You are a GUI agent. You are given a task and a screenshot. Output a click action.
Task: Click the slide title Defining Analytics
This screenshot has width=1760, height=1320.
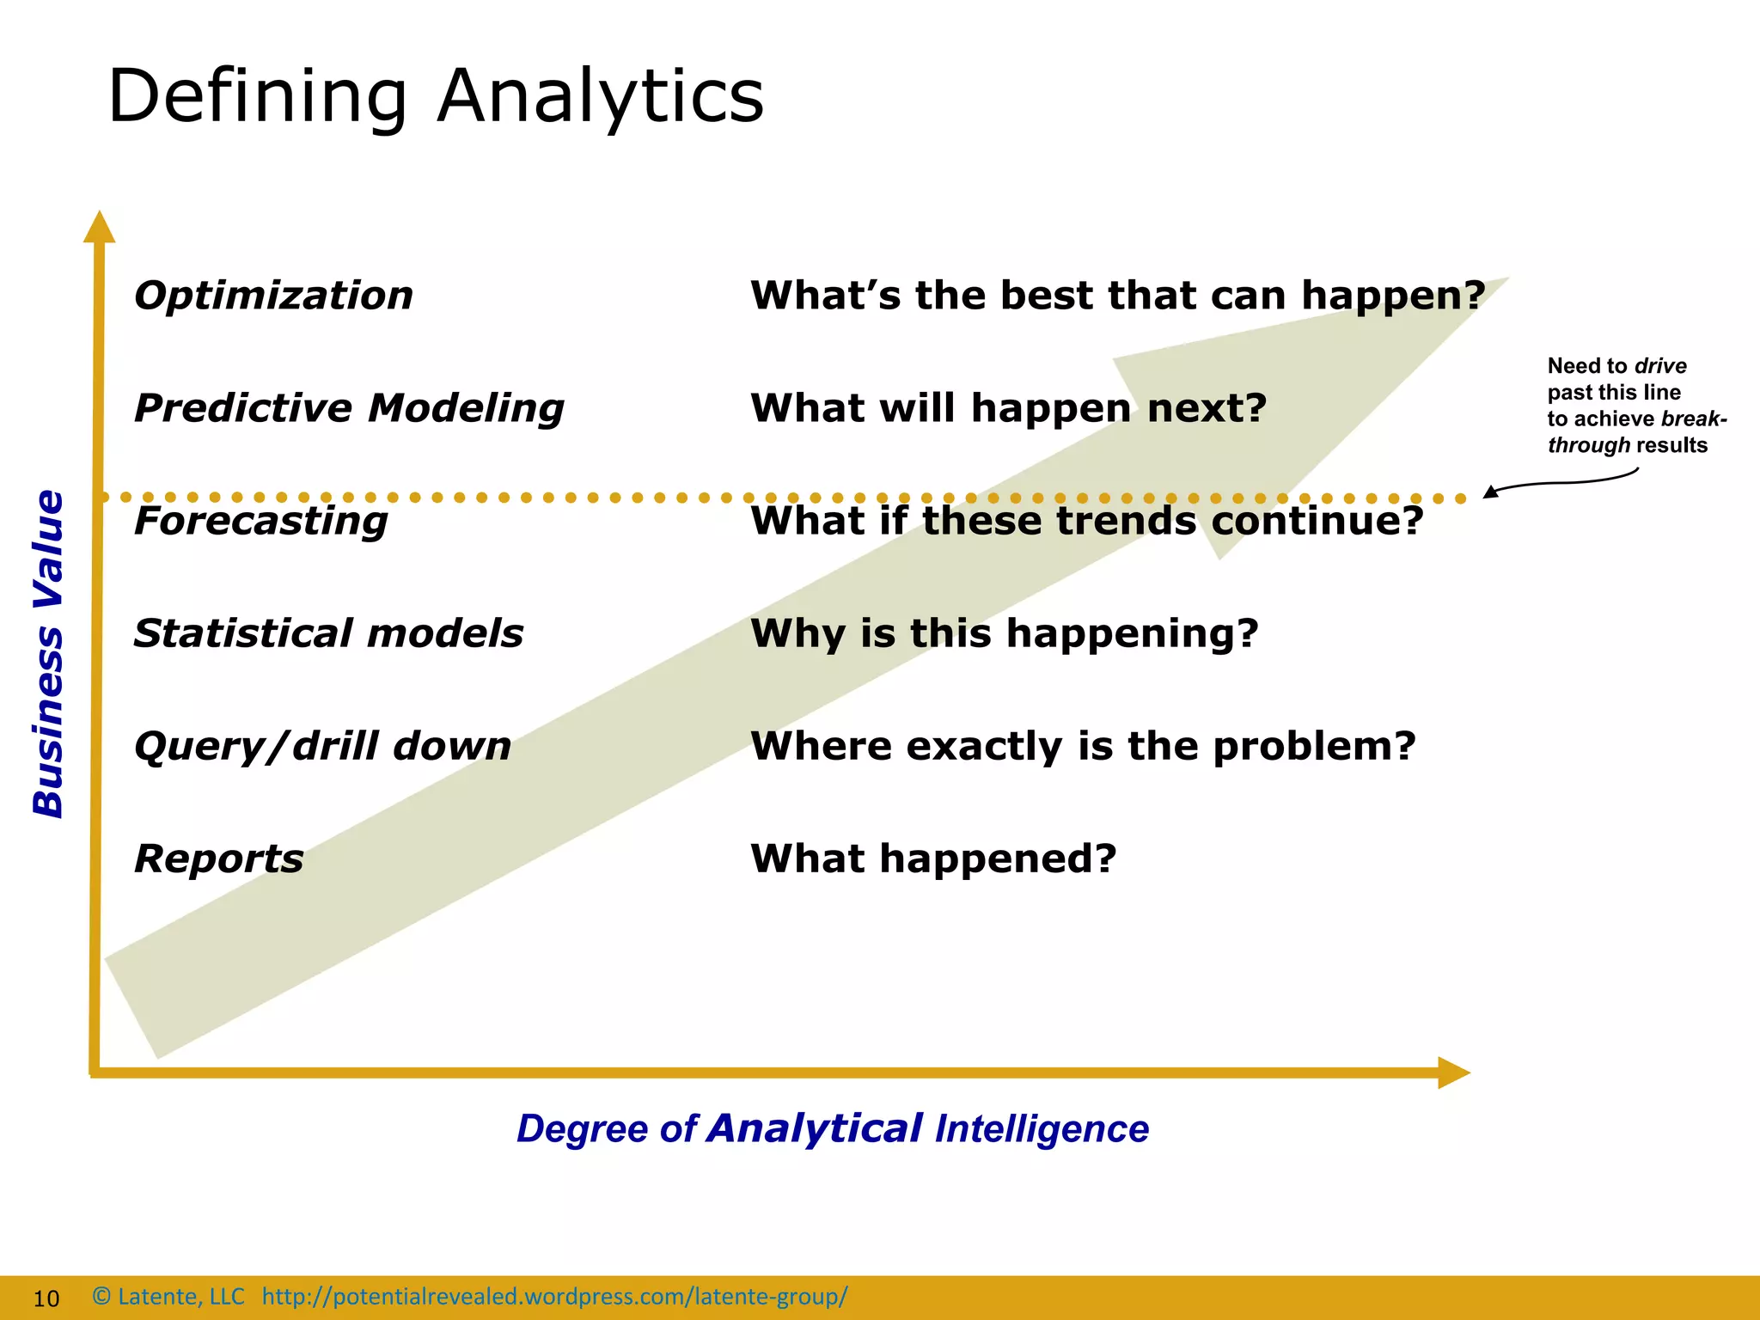[x=435, y=96]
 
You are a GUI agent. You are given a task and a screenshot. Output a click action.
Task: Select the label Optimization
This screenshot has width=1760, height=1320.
[x=273, y=296]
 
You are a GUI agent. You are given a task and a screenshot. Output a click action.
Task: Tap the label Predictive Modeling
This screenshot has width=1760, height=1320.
[x=349, y=408]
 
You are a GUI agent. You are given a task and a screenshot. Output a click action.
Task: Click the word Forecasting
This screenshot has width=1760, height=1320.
[x=260, y=521]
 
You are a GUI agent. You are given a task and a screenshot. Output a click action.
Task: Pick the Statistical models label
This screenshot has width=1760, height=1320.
[x=328, y=633]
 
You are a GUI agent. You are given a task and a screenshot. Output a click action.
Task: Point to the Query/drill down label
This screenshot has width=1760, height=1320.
[x=322, y=746]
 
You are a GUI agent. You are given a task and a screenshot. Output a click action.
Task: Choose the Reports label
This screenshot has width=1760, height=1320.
[x=218, y=859]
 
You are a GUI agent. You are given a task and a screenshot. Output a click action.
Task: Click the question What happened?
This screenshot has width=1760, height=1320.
[x=932, y=859]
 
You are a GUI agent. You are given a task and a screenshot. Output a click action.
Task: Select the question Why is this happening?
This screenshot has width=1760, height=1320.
[x=1004, y=633]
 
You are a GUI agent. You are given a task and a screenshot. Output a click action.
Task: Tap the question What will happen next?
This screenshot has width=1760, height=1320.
[x=1008, y=408]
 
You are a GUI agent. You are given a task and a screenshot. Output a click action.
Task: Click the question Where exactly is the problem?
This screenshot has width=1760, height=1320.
[x=1082, y=746]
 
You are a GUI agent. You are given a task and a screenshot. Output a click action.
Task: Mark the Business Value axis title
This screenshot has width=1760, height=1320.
[x=48, y=653]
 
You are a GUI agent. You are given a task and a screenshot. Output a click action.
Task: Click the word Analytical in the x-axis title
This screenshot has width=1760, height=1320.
[x=814, y=1128]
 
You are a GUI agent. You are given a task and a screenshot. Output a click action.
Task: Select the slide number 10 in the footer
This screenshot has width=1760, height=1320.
[x=46, y=1299]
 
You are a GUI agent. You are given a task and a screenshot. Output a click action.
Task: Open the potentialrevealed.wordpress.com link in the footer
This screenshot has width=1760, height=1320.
[x=554, y=1296]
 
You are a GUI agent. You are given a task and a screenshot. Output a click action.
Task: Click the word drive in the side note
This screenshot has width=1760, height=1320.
[x=1660, y=366]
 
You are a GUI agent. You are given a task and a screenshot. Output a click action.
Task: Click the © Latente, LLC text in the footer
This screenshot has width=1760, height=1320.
[x=168, y=1296]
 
